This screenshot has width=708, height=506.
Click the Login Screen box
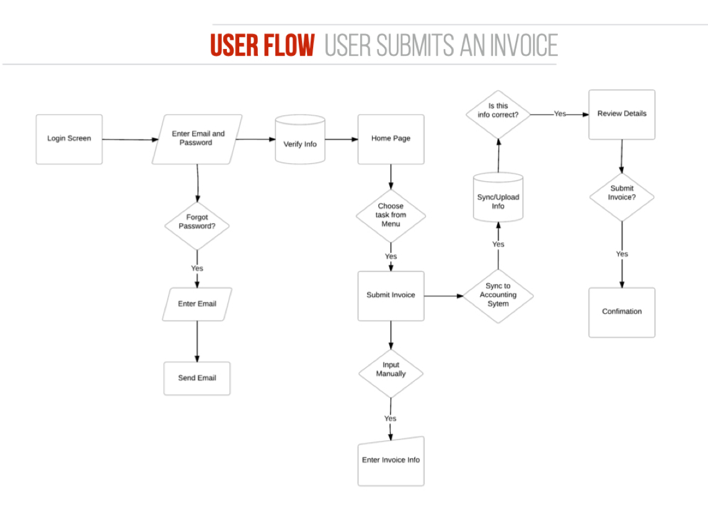(x=69, y=139)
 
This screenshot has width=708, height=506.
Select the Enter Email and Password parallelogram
(x=197, y=139)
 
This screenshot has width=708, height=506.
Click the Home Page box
(x=391, y=139)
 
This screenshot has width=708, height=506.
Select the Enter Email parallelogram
(x=197, y=304)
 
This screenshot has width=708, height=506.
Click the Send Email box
(x=197, y=378)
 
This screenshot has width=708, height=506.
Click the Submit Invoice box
(x=391, y=296)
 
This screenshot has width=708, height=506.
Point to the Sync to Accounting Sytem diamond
(x=498, y=296)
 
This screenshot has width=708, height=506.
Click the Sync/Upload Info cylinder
(x=498, y=198)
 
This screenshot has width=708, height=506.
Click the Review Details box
(x=621, y=115)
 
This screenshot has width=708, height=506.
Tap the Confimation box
(x=621, y=312)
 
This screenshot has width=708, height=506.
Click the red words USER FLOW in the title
(x=262, y=46)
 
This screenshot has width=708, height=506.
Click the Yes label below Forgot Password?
(x=197, y=269)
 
